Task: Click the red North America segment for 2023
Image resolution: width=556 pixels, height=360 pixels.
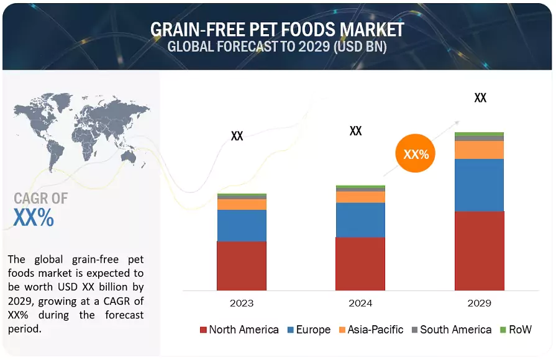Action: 242,266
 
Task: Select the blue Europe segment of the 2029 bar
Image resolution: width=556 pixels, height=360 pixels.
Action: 479,185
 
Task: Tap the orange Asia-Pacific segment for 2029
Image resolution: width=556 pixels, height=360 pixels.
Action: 479,150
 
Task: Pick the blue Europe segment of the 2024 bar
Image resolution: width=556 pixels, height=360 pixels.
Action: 360,220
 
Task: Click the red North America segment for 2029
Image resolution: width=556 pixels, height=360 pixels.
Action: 479,251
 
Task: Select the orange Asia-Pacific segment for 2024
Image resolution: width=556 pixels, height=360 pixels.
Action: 360,197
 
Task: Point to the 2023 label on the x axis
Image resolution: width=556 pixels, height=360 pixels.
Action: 242,303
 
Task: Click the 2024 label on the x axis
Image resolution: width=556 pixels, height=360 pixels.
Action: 360,303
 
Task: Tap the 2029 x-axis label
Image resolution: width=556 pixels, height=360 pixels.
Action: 479,303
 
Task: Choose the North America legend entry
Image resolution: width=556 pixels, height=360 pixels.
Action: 239,330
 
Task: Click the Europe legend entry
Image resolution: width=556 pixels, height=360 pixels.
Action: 308,330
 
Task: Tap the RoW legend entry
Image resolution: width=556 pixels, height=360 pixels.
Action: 516,330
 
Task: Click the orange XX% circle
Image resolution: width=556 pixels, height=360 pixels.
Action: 416,154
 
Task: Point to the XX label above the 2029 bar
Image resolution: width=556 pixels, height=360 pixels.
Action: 480,98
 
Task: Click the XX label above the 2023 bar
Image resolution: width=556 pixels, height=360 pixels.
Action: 237,136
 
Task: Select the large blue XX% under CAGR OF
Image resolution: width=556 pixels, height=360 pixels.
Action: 34,218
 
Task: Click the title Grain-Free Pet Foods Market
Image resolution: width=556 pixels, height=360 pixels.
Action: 277,29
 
